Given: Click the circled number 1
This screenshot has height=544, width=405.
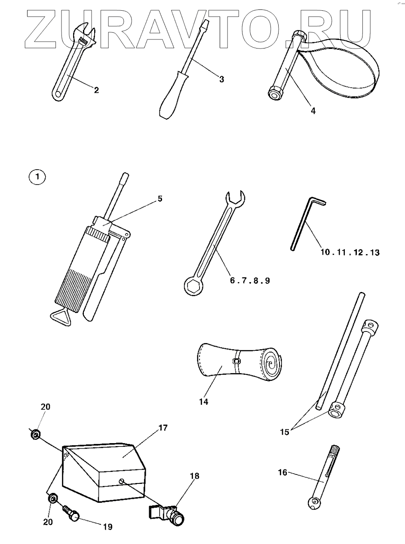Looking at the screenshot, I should click(x=37, y=177).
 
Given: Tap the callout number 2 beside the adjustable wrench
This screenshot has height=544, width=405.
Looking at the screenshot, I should click(x=96, y=90).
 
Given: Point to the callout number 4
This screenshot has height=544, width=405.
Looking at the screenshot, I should click(x=313, y=110).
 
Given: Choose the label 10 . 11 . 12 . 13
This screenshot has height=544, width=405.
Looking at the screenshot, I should click(x=350, y=252).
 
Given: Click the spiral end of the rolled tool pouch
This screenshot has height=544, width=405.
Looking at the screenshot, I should click(x=271, y=363).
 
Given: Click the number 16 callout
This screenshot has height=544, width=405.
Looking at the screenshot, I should click(x=282, y=473).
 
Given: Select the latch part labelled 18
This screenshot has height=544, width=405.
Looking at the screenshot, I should click(x=170, y=514).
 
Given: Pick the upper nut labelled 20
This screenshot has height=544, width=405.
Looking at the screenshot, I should click(x=36, y=435).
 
